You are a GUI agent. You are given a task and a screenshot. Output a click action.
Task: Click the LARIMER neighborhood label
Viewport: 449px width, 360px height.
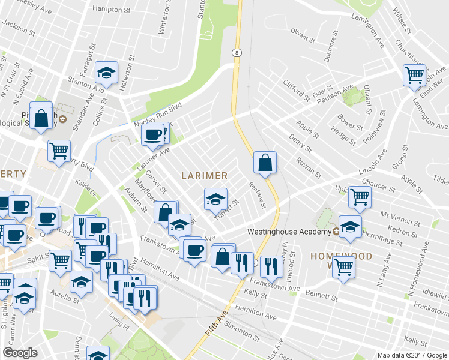click(x=205, y=176)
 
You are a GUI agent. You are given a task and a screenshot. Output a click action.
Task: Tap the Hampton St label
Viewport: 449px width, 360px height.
click(x=112, y=10)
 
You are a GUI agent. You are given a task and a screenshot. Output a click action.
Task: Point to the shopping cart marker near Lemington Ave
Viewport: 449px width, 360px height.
click(x=414, y=76)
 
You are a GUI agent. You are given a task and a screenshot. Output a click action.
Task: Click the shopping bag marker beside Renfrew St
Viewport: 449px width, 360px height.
click(x=265, y=162)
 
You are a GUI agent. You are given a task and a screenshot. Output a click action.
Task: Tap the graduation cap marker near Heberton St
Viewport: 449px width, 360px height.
click(x=106, y=73)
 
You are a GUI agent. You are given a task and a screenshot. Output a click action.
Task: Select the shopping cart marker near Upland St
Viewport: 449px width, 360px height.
click(x=360, y=196)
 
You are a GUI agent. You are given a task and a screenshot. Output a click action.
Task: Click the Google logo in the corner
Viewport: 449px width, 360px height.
click(x=20, y=353)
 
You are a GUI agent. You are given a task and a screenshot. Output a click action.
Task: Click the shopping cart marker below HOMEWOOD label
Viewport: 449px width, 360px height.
click(x=344, y=268)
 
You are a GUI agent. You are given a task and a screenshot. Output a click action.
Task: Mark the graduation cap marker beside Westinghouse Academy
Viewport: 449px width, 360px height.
click(x=351, y=227)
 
